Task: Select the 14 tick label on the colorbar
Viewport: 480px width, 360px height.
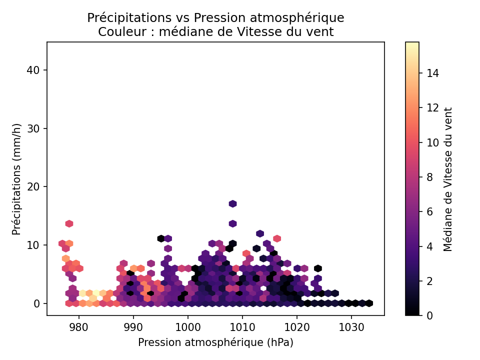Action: [x=432, y=73]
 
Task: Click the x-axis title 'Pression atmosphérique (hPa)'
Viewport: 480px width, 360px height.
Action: [x=215, y=342]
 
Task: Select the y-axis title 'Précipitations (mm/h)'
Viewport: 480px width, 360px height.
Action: [x=17, y=178]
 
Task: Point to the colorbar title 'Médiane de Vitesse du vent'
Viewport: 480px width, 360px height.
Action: [x=448, y=178]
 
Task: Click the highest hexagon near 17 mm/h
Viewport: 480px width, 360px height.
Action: [x=232, y=203]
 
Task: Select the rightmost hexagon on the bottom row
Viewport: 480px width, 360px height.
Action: [x=369, y=303]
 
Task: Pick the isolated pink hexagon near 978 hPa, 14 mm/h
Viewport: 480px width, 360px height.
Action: [x=69, y=223]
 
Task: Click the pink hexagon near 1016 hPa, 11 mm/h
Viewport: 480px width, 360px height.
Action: [x=277, y=238]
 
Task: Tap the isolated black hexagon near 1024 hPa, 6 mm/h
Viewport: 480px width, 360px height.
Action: [x=318, y=268]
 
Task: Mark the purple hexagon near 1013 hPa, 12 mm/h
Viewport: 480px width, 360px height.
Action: [x=260, y=233]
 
